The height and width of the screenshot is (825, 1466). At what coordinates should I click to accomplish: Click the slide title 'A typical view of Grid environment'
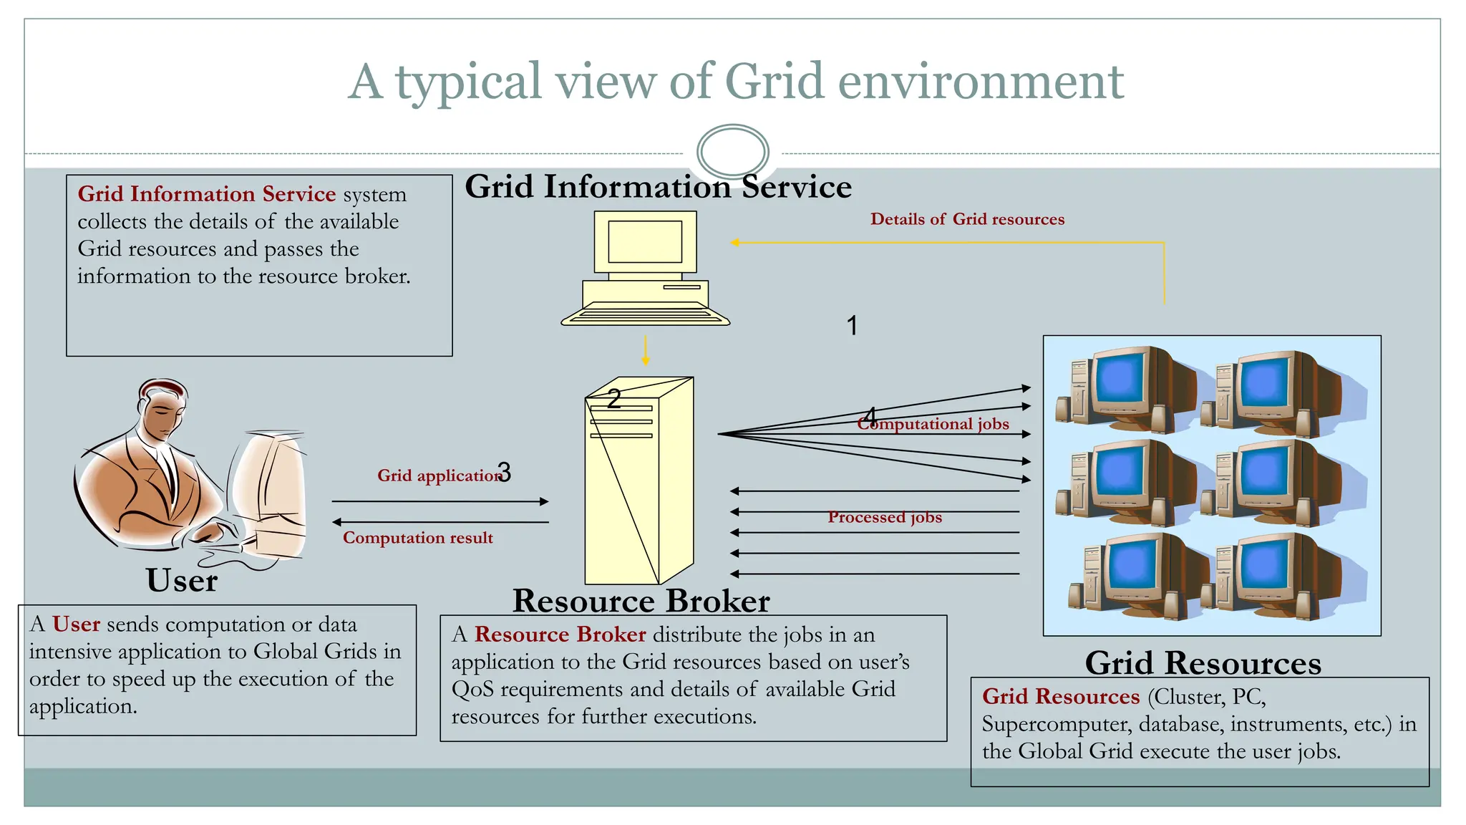735,81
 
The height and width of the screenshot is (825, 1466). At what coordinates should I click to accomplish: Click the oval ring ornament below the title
732,152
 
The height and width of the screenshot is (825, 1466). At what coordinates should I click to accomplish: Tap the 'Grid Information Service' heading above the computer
658,187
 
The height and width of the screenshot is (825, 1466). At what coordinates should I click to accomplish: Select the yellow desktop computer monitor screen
644,241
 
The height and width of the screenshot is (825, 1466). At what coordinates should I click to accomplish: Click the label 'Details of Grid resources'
967,219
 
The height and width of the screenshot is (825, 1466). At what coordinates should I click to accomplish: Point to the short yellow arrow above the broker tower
645,350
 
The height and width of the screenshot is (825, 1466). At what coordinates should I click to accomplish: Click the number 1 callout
852,326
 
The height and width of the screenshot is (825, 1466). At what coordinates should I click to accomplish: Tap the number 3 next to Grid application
504,472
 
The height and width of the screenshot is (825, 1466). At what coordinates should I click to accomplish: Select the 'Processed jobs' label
885,517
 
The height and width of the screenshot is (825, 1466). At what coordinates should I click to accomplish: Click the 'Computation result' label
417,538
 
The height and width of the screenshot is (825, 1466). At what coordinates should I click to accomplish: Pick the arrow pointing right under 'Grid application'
440,501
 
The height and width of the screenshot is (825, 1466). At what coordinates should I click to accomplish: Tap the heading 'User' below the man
182,580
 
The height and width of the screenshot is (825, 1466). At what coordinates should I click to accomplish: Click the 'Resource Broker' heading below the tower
641,601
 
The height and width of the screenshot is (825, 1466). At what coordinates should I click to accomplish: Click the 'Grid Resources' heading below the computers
1203,662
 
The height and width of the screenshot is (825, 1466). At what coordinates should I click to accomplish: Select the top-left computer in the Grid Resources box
1121,387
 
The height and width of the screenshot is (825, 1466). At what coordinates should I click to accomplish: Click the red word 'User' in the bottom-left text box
76,624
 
